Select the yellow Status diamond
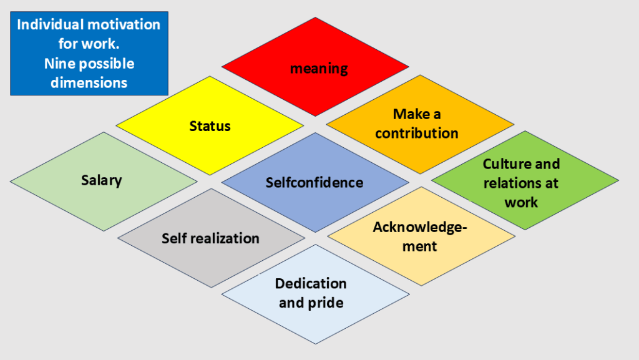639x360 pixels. (x=210, y=125)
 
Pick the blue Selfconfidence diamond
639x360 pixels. (x=315, y=182)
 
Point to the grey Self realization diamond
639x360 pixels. (x=210, y=238)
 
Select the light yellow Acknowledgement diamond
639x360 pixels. (x=421, y=236)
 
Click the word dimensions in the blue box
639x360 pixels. (x=89, y=82)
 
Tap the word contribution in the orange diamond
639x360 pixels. (x=417, y=133)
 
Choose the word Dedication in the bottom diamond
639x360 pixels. (x=311, y=283)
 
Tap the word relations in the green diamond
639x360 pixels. (x=508, y=183)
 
